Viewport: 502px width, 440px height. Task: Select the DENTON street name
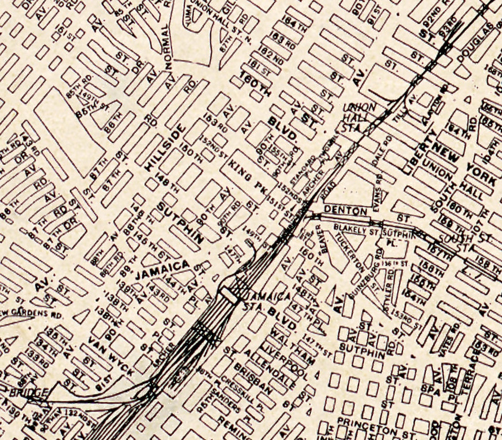pyautogui.click(x=346, y=211)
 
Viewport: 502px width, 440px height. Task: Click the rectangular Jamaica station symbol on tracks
pyautogui.click(x=229, y=294)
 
